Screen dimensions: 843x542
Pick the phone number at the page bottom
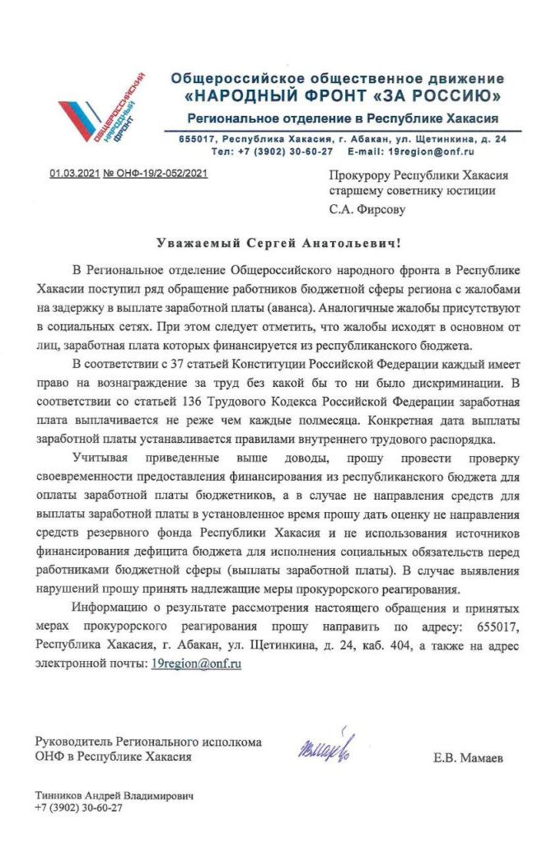tap(78, 808)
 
